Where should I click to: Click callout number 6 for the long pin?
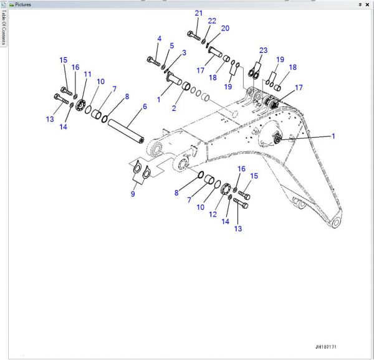tap(145, 107)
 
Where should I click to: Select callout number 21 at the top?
tap(198, 13)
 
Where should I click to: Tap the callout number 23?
tap(263, 50)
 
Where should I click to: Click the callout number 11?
tap(87, 74)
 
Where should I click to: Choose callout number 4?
tap(159, 39)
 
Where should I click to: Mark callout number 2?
tap(174, 107)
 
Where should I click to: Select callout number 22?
tap(212, 21)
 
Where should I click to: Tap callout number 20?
tap(225, 28)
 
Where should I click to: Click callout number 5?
tap(172, 45)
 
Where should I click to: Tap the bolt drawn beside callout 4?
tap(153, 60)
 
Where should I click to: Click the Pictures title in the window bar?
tap(21, 4)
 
